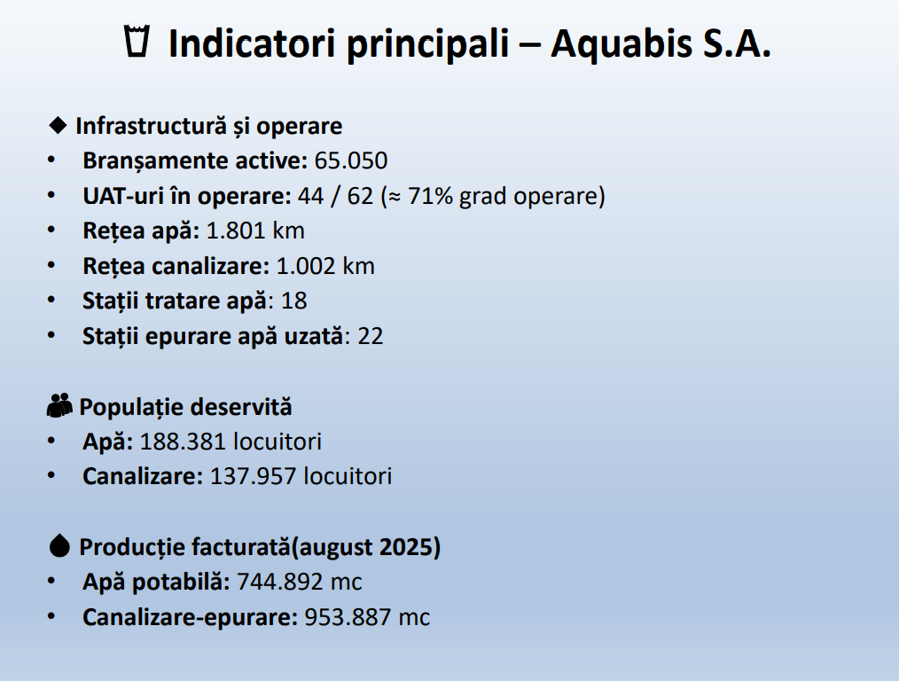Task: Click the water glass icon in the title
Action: (x=137, y=41)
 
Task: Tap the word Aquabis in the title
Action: (x=621, y=44)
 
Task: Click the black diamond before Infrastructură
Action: (x=58, y=125)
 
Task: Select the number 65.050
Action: (x=351, y=161)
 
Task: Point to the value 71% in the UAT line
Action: (x=430, y=196)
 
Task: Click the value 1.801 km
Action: (x=255, y=231)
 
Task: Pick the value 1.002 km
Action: (x=325, y=267)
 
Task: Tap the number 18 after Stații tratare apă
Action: (x=294, y=301)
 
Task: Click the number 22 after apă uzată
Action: (x=371, y=336)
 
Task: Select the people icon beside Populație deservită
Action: (x=59, y=405)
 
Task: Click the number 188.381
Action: (x=184, y=442)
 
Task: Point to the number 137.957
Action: (x=254, y=477)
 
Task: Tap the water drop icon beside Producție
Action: (x=59, y=545)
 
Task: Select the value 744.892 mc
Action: (x=300, y=583)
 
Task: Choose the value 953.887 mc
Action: (x=367, y=618)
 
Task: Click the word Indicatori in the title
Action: (x=252, y=44)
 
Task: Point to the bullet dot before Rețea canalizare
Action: (x=51, y=265)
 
